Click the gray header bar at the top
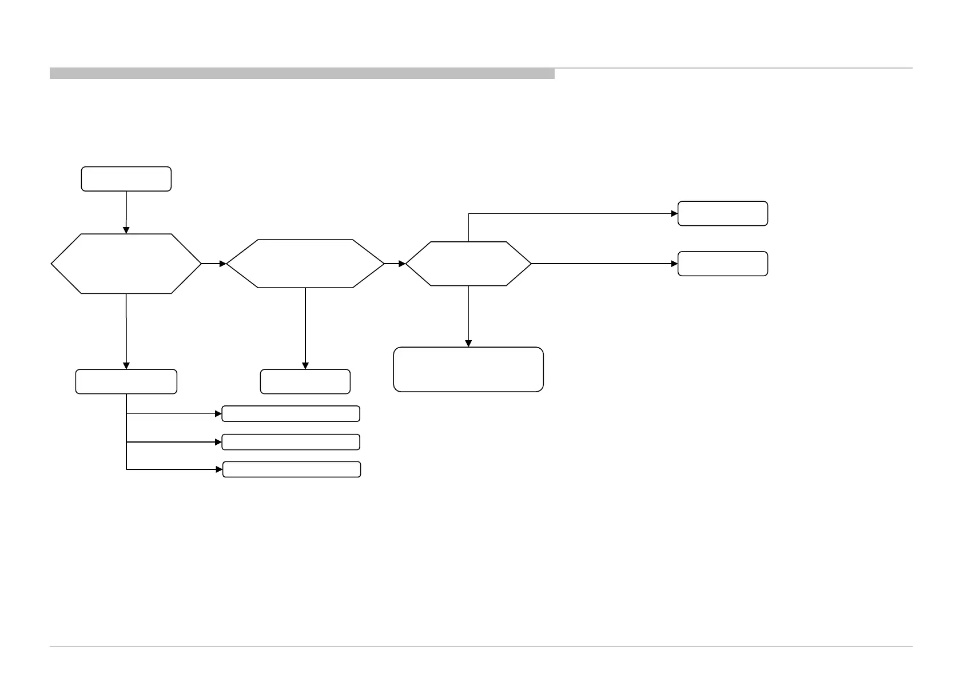pyautogui.click(x=302, y=73)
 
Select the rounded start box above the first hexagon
pyautogui.click(x=126, y=179)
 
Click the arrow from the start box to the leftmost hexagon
pyautogui.click(x=126, y=212)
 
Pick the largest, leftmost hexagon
pyautogui.click(x=126, y=264)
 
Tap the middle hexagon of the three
pyautogui.click(x=305, y=264)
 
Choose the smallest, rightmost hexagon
pyautogui.click(x=468, y=264)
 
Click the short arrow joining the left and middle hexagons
pyautogui.click(x=214, y=264)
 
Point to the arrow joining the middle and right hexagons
pyautogui.click(x=395, y=264)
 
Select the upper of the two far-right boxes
pyautogui.click(x=723, y=213)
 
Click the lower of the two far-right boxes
pyautogui.click(x=723, y=264)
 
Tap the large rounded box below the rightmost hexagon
pyautogui.click(x=468, y=369)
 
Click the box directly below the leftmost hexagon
pyautogui.click(x=126, y=381)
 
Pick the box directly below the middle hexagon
pyautogui.click(x=305, y=381)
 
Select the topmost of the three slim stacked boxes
pyautogui.click(x=291, y=413)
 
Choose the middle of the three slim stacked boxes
pyautogui.click(x=291, y=442)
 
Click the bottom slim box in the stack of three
pyautogui.click(x=291, y=469)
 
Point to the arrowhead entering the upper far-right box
pyautogui.click(x=674, y=213)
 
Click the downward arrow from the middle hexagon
pyautogui.click(x=305, y=329)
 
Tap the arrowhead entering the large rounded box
pyautogui.click(x=468, y=344)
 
